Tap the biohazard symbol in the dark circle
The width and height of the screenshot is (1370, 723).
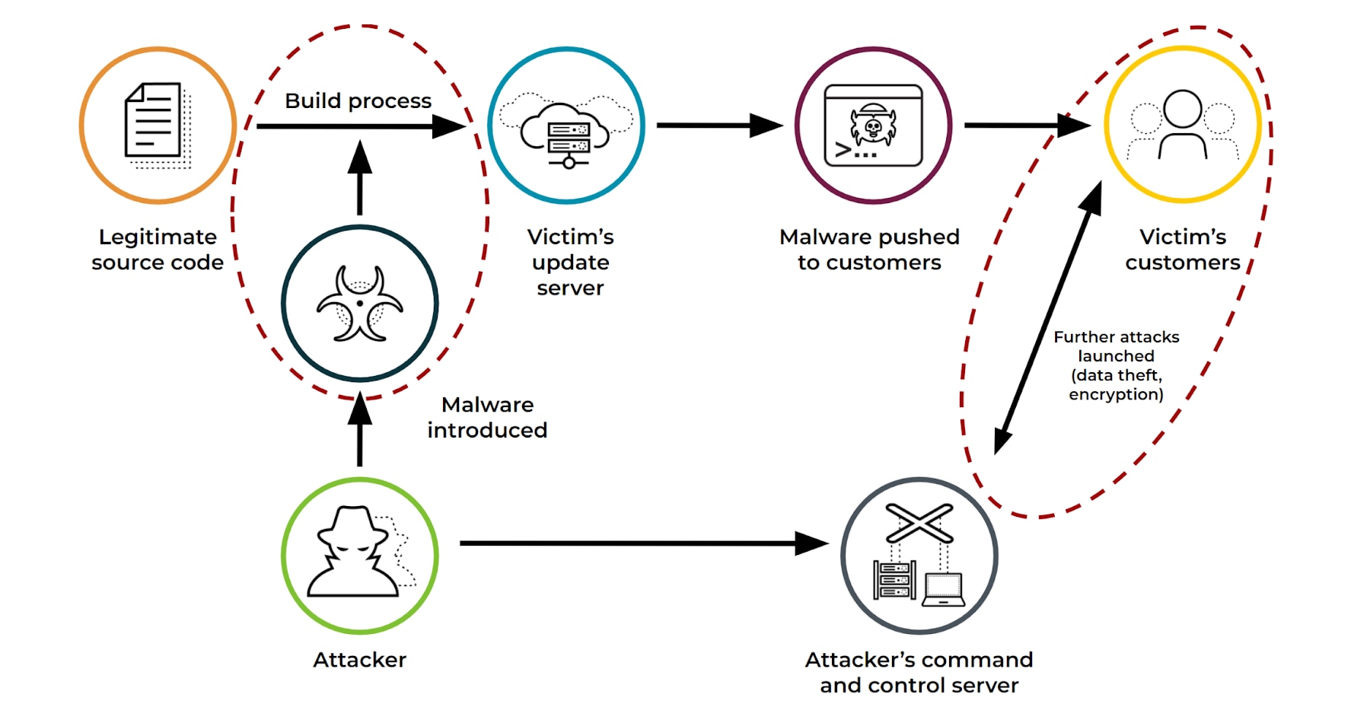coord(359,304)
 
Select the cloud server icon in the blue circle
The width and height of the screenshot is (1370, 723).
coord(567,131)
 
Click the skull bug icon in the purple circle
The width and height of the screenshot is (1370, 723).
coord(873,126)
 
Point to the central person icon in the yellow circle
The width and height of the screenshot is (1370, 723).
coord(1182,124)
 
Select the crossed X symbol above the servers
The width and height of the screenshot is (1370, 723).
coord(919,523)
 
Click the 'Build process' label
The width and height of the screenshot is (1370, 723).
coord(358,101)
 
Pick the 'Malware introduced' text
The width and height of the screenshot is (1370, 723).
coord(487,417)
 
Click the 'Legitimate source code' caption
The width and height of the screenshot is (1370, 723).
coord(158,250)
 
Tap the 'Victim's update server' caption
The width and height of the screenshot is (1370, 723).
coord(570,262)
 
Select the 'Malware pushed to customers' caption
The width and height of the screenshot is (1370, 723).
coord(869,250)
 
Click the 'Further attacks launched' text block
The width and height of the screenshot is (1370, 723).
coord(1116,365)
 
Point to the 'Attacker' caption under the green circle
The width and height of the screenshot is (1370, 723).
coord(359,659)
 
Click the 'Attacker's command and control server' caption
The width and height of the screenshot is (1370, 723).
coord(919,672)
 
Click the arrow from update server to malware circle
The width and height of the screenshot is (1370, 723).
coord(715,126)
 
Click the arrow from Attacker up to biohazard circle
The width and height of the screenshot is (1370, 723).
coord(359,434)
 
